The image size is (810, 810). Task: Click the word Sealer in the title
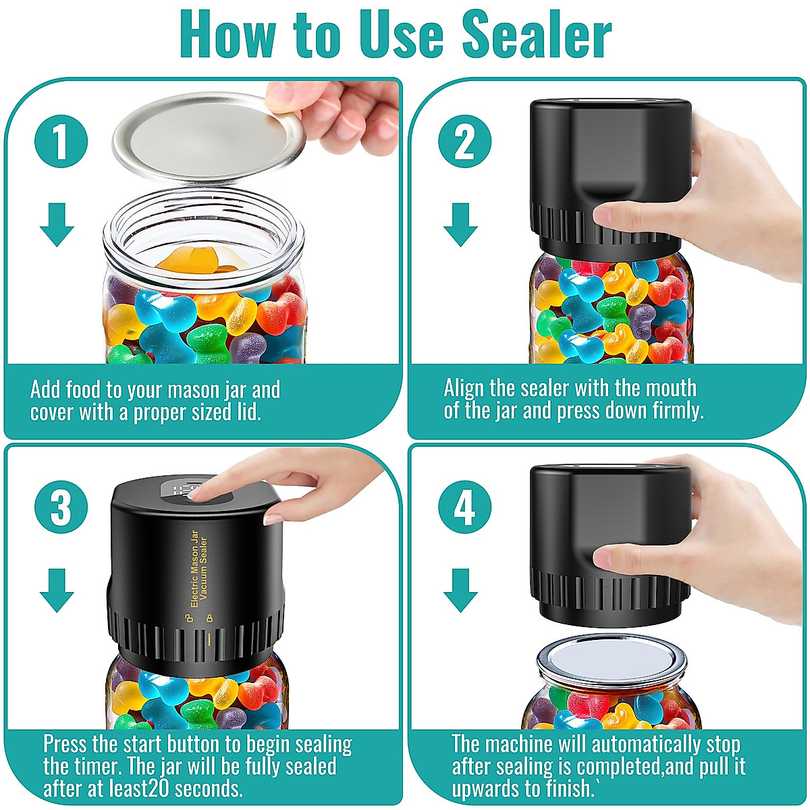pyautogui.click(x=537, y=34)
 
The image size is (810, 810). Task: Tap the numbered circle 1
pyautogui.click(x=61, y=141)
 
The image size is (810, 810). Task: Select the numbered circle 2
pyautogui.click(x=465, y=141)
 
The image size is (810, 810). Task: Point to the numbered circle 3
pyautogui.click(x=61, y=507)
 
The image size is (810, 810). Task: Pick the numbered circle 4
pyautogui.click(x=465, y=507)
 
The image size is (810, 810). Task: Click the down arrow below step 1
pyautogui.click(x=57, y=225)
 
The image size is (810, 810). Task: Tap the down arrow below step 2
pyautogui.click(x=461, y=225)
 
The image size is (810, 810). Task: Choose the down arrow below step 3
pyautogui.click(x=57, y=590)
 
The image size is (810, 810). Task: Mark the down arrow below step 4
pyautogui.click(x=461, y=590)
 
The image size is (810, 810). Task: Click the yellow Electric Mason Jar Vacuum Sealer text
pyautogui.click(x=199, y=569)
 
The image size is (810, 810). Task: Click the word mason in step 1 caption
pyautogui.click(x=188, y=391)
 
